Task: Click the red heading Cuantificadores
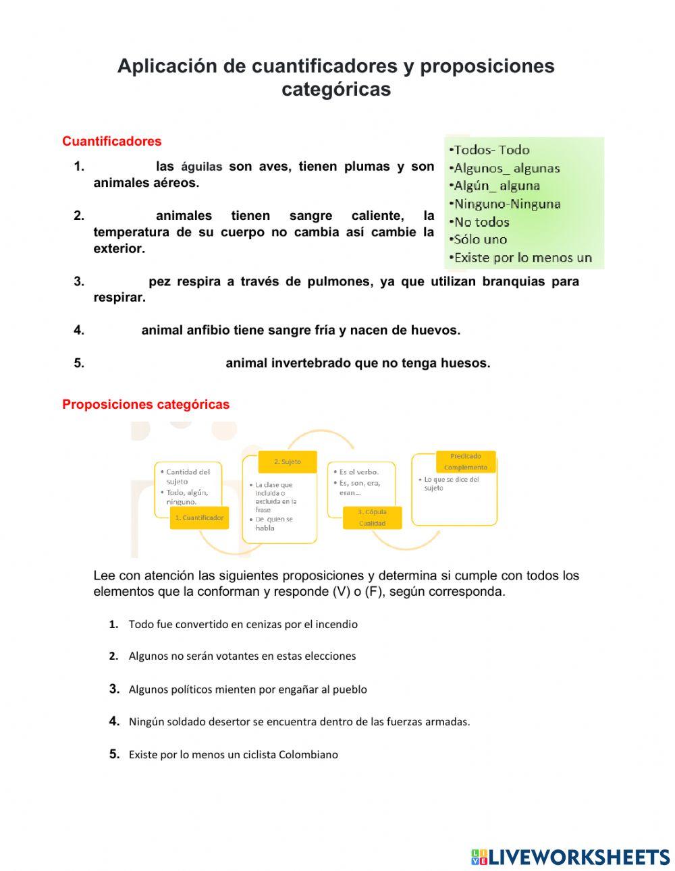tap(111, 141)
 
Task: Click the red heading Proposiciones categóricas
tap(146, 404)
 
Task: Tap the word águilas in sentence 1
tap(201, 167)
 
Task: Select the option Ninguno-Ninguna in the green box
tap(507, 204)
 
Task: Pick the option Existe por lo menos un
tap(522, 257)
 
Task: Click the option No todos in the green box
tap(481, 222)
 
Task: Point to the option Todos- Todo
tap(491, 150)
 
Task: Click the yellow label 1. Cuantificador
tap(199, 517)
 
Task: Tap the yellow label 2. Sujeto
tap(288, 461)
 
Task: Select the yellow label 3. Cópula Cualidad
tap(372, 517)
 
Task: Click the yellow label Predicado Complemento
tap(466, 461)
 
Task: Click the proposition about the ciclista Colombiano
tap(233, 754)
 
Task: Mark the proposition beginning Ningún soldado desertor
tap(299, 721)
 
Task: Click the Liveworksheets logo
tap(570, 856)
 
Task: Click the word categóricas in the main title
tap(336, 89)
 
